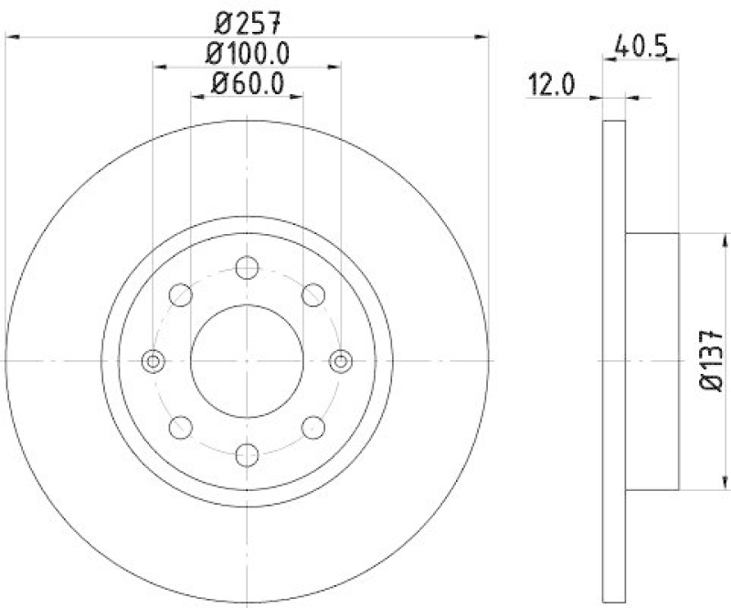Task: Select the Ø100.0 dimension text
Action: point(246,54)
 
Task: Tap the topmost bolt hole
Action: point(247,267)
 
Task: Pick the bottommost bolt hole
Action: point(247,454)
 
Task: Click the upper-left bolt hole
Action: point(181,294)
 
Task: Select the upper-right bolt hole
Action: point(313,294)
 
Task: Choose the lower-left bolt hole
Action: point(181,426)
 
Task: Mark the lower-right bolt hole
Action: point(313,426)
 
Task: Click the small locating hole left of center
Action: point(153,361)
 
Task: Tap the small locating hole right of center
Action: point(341,361)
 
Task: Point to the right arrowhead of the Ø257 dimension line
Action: point(482,37)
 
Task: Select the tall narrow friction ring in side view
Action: point(615,361)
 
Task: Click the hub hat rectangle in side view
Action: point(652,361)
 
